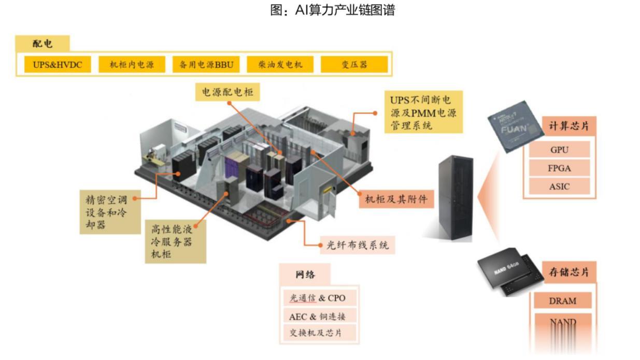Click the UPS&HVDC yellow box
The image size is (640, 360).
click(58, 65)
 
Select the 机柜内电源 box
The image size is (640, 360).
click(132, 65)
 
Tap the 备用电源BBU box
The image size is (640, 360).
click(206, 65)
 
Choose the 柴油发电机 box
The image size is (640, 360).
click(280, 65)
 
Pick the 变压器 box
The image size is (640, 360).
click(354, 65)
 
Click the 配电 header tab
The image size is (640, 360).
click(42, 44)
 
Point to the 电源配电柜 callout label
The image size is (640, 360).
click(227, 92)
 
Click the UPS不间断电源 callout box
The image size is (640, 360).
click(423, 112)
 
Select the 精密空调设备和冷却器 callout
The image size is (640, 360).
click(110, 212)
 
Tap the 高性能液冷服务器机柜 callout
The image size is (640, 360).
click(176, 241)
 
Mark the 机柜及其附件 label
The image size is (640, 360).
click(396, 199)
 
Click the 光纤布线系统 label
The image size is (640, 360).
click(358, 245)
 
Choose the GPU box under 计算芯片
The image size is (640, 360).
click(560, 150)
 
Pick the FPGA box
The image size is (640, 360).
click(560, 168)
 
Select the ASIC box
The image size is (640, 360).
click(560, 186)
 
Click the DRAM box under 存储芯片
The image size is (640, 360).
click(563, 300)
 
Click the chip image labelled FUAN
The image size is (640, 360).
click(516, 127)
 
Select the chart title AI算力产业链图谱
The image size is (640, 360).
click(332, 10)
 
